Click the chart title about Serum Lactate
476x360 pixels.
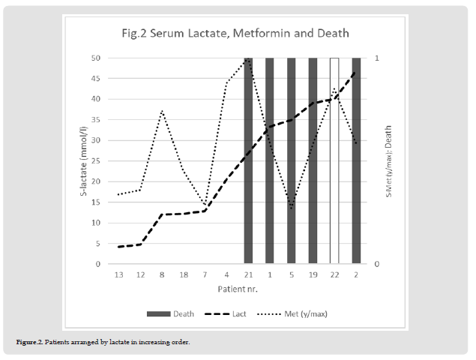tap(235, 33)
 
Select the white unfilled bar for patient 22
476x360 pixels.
tap(334, 160)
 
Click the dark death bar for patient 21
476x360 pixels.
tap(248, 160)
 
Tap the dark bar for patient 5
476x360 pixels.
tap(292, 160)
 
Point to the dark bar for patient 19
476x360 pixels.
tap(313, 160)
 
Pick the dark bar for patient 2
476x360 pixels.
tap(356, 160)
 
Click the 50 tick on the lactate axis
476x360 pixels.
tap(95, 58)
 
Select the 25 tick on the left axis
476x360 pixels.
tap(95, 160)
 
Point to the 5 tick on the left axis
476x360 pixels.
tap(97, 244)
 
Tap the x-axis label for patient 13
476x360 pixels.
tap(118, 275)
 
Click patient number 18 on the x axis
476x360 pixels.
tap(184, 275)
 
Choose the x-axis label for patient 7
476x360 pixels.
tap(205, 275)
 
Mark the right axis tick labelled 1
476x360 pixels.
tap(376, 58)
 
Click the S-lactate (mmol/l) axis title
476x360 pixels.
tap(83, 161)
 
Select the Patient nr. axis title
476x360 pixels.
tap(237, 289)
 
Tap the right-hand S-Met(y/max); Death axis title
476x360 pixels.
tap(388, 161)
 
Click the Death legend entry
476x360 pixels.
tap(175, 313)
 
